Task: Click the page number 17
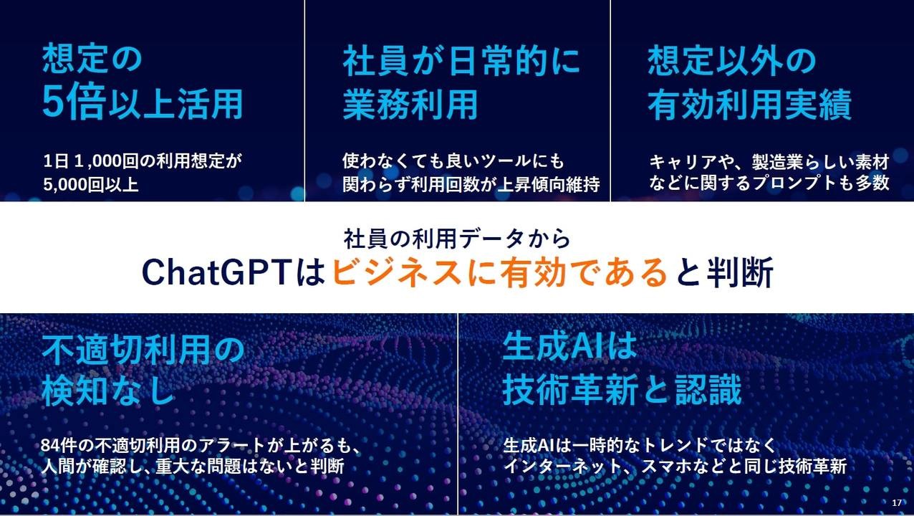[897, 502]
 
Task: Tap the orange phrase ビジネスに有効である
[499, 273]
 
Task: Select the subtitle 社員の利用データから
[457, 237]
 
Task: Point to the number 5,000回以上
[90, 183]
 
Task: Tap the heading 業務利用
[410, 105]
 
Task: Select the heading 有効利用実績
[749, 105]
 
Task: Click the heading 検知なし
[108, 391]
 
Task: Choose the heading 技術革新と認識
[622, 391]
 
